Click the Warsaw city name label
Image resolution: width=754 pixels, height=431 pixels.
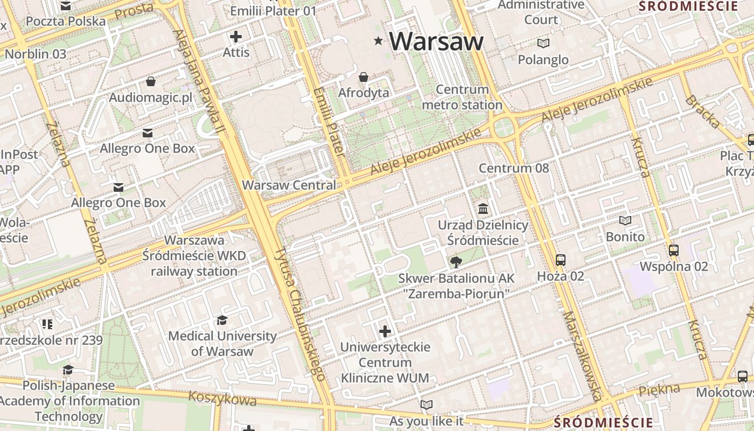436,41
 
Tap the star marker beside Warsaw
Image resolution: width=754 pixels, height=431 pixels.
379,41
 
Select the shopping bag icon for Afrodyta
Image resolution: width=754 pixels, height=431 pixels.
364,77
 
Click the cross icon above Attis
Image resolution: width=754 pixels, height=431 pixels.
236,37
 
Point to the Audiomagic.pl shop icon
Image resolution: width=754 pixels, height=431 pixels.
150,81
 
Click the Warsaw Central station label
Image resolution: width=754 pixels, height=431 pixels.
289,185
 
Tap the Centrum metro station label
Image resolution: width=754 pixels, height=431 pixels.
462,97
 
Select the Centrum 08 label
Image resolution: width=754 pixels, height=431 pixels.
514,168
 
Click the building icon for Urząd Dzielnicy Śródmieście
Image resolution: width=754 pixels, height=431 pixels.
483,208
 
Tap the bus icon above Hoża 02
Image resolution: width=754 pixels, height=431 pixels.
560,260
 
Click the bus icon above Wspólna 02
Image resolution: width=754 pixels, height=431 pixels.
673,250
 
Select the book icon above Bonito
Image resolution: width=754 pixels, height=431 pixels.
625,220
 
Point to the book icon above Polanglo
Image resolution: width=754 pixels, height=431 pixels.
543,43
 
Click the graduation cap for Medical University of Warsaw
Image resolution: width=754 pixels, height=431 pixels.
222,321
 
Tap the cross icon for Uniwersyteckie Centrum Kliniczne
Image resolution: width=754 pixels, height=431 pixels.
385,331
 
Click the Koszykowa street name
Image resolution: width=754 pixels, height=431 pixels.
222,399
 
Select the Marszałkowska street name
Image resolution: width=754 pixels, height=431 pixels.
582,356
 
